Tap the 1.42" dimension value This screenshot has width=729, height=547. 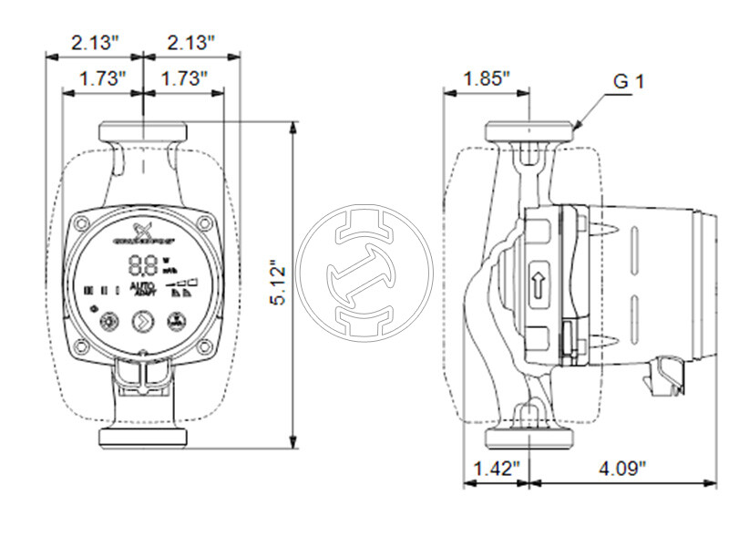(492, 470)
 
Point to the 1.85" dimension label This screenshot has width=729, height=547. (486, 79)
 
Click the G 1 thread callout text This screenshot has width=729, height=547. (628, 81)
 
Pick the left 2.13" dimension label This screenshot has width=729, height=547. (95, 43)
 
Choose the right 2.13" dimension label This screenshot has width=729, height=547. (190, 43)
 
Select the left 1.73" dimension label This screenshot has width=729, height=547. (102, 79)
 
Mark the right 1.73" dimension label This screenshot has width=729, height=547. (185, 79)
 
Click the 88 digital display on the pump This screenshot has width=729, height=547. (143, 266)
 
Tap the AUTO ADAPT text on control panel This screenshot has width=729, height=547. (144, 289)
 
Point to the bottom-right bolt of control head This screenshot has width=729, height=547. (205, 347)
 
